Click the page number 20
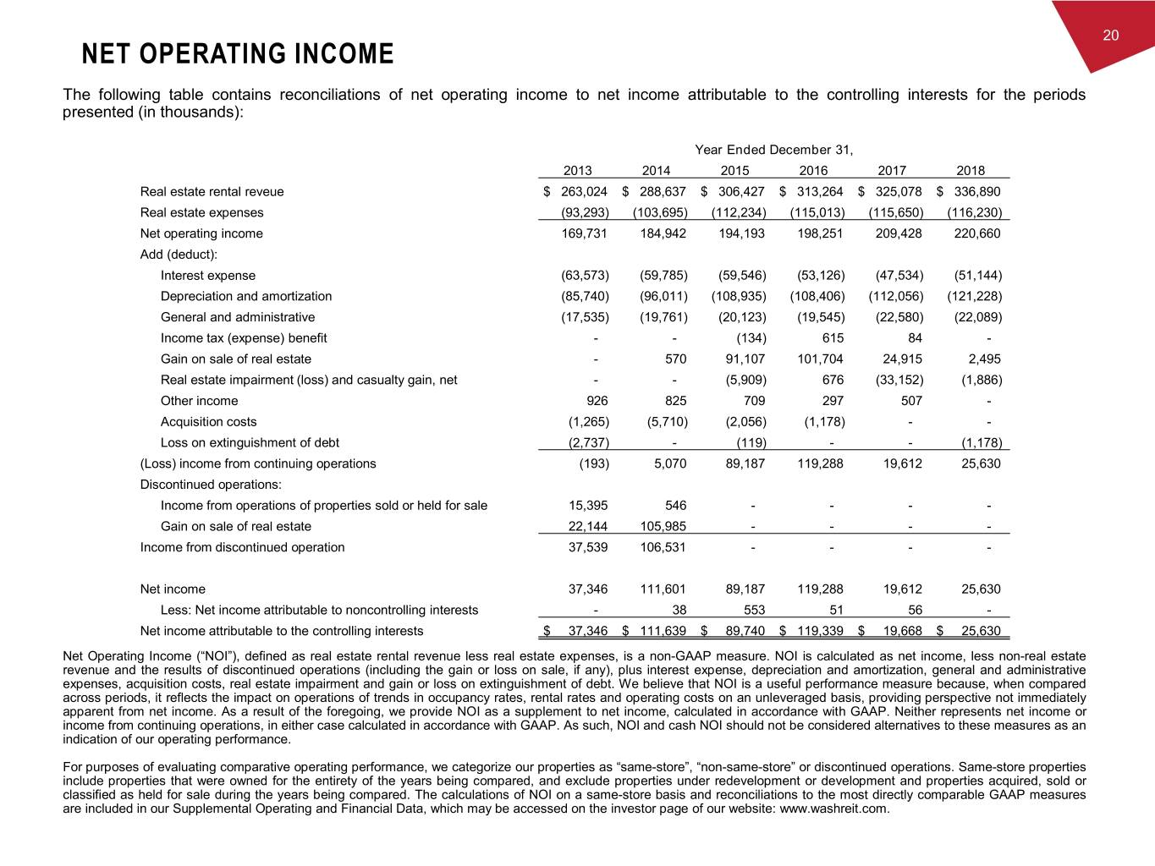(1111, 35)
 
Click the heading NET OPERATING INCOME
(238, 55)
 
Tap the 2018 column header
(971, 170)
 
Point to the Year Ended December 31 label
(773, 150)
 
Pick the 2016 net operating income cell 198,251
(820, 233)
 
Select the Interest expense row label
(208, 275)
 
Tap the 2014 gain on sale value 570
(675, 359)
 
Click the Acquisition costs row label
(208, 421)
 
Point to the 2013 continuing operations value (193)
(592, 463)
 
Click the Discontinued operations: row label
(211, 485)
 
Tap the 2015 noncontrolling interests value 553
(754, 610)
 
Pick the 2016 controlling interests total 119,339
(820, 631)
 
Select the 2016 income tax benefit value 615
(832, 338)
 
